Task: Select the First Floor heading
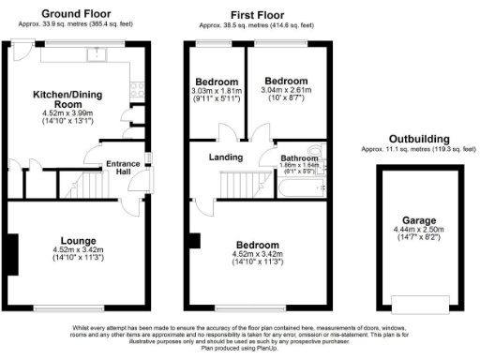point(257,15)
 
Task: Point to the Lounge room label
point(77,240)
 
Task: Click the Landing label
point(223,157)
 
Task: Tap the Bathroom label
point(298,158)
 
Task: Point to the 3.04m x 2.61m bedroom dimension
point(286,90)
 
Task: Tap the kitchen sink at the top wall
point(97,54)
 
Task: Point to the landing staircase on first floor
point(241,186)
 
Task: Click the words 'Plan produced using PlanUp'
point(239,351)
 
